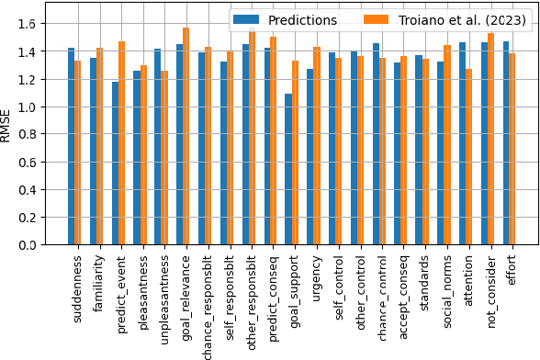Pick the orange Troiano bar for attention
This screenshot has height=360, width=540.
tap(469, 157)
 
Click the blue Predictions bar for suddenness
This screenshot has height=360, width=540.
tap(72, 146)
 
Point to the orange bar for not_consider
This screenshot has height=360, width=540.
tap(491, 139)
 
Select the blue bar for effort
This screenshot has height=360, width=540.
tap(505, 143)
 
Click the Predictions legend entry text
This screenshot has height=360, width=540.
tap(304, 20)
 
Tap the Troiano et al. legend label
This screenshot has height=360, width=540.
tap(462, 20)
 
